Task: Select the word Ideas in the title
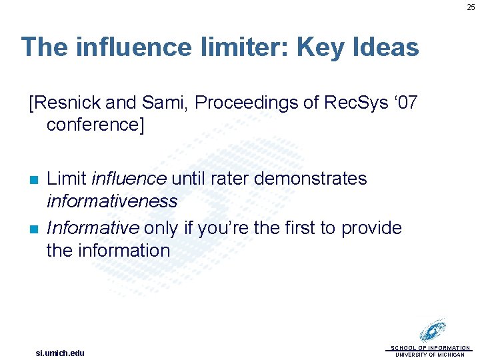(387, 47)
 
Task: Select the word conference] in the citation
(95, 125)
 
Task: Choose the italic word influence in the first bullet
(129, 179)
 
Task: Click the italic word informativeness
(112, 201)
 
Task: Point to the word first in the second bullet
(298, 228)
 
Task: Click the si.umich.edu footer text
(60, 353)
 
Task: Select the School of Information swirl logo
(433, 331)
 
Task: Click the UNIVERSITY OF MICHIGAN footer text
(430, 355)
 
